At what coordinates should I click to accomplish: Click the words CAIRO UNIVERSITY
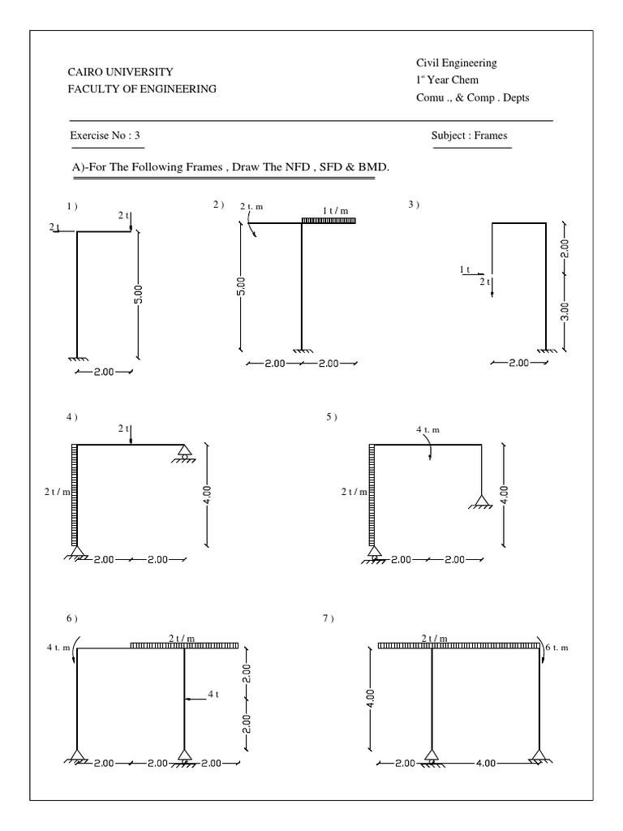[119, 72]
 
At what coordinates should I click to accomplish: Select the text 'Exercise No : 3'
[107, 136]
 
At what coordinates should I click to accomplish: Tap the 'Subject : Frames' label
[470, 136]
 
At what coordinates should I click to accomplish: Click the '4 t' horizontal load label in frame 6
[213, 695]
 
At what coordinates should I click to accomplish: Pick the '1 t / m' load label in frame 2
[335, 211]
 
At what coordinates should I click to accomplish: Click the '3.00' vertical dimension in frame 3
[565, 312]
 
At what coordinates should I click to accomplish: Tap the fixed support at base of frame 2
[302, 350]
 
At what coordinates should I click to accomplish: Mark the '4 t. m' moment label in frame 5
[428, 430]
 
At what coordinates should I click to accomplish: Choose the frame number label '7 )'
[328, 619]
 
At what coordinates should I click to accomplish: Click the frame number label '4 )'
[71, 417]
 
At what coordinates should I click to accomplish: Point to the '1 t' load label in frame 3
[465, 269]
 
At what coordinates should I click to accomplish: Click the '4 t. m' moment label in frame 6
[59, 648]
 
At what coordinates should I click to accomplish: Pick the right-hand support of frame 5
[480, 502]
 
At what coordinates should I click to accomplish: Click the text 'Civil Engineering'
[457, 62]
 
